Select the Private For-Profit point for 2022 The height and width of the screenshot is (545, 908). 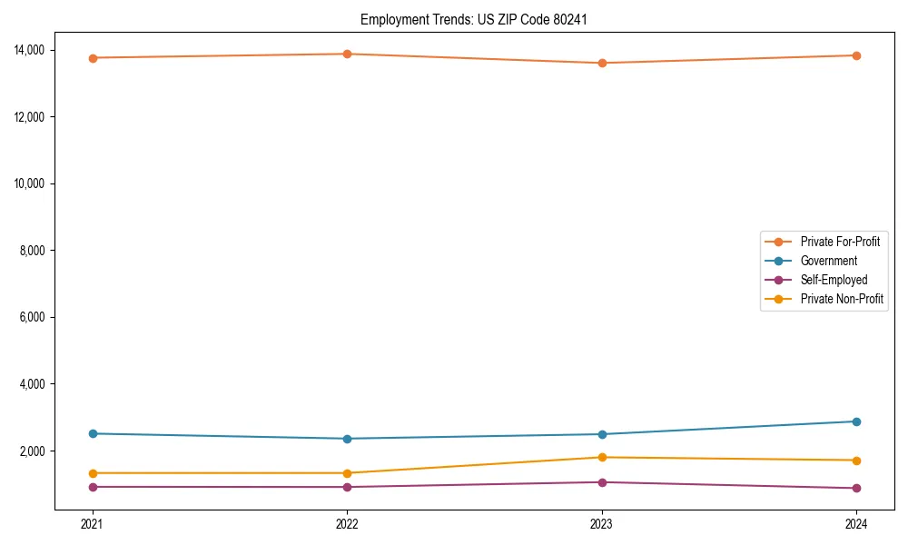point(347,54)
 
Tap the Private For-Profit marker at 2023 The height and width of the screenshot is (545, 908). point(602,63)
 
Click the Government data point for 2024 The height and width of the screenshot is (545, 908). point(856,421)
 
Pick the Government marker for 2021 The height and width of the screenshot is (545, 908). point(93,433)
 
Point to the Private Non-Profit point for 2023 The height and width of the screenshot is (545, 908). point(602,457)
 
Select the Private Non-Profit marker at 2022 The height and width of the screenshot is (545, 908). point(347,473)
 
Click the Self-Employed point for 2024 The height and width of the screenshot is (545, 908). point(856,488)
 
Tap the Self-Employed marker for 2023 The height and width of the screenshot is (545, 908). point(602,482)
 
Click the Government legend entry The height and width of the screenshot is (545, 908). point(828,261)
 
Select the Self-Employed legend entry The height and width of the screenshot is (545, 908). point(834,280)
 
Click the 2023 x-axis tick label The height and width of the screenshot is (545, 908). point(602,523)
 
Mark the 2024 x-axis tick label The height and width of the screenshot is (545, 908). point(856,523)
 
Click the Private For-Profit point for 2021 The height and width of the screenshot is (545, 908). point(93,58)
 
